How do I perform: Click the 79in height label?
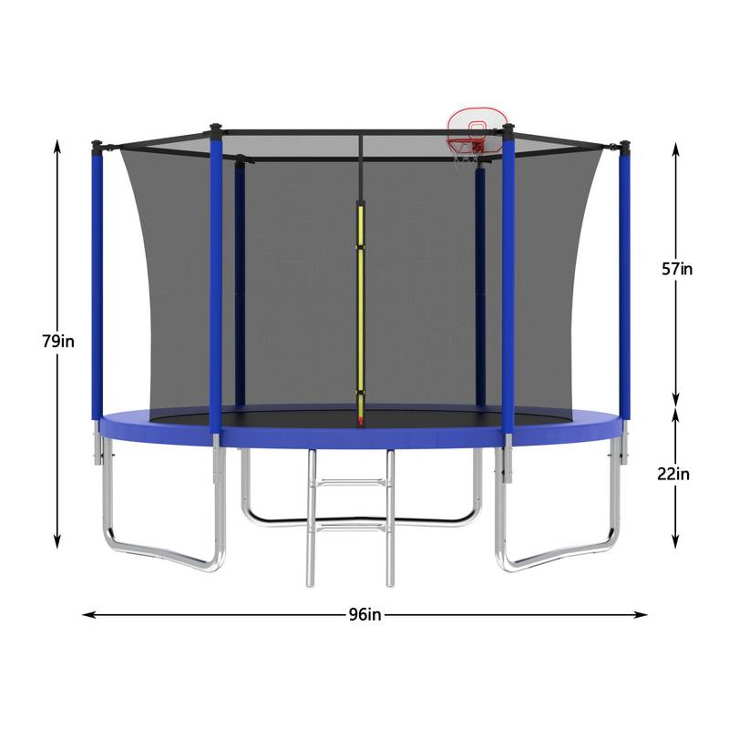(x=57, y=342)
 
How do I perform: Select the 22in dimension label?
(x=675, y=473)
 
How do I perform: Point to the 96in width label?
(x=364, y=614)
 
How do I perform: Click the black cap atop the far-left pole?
(x=97, y=144)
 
